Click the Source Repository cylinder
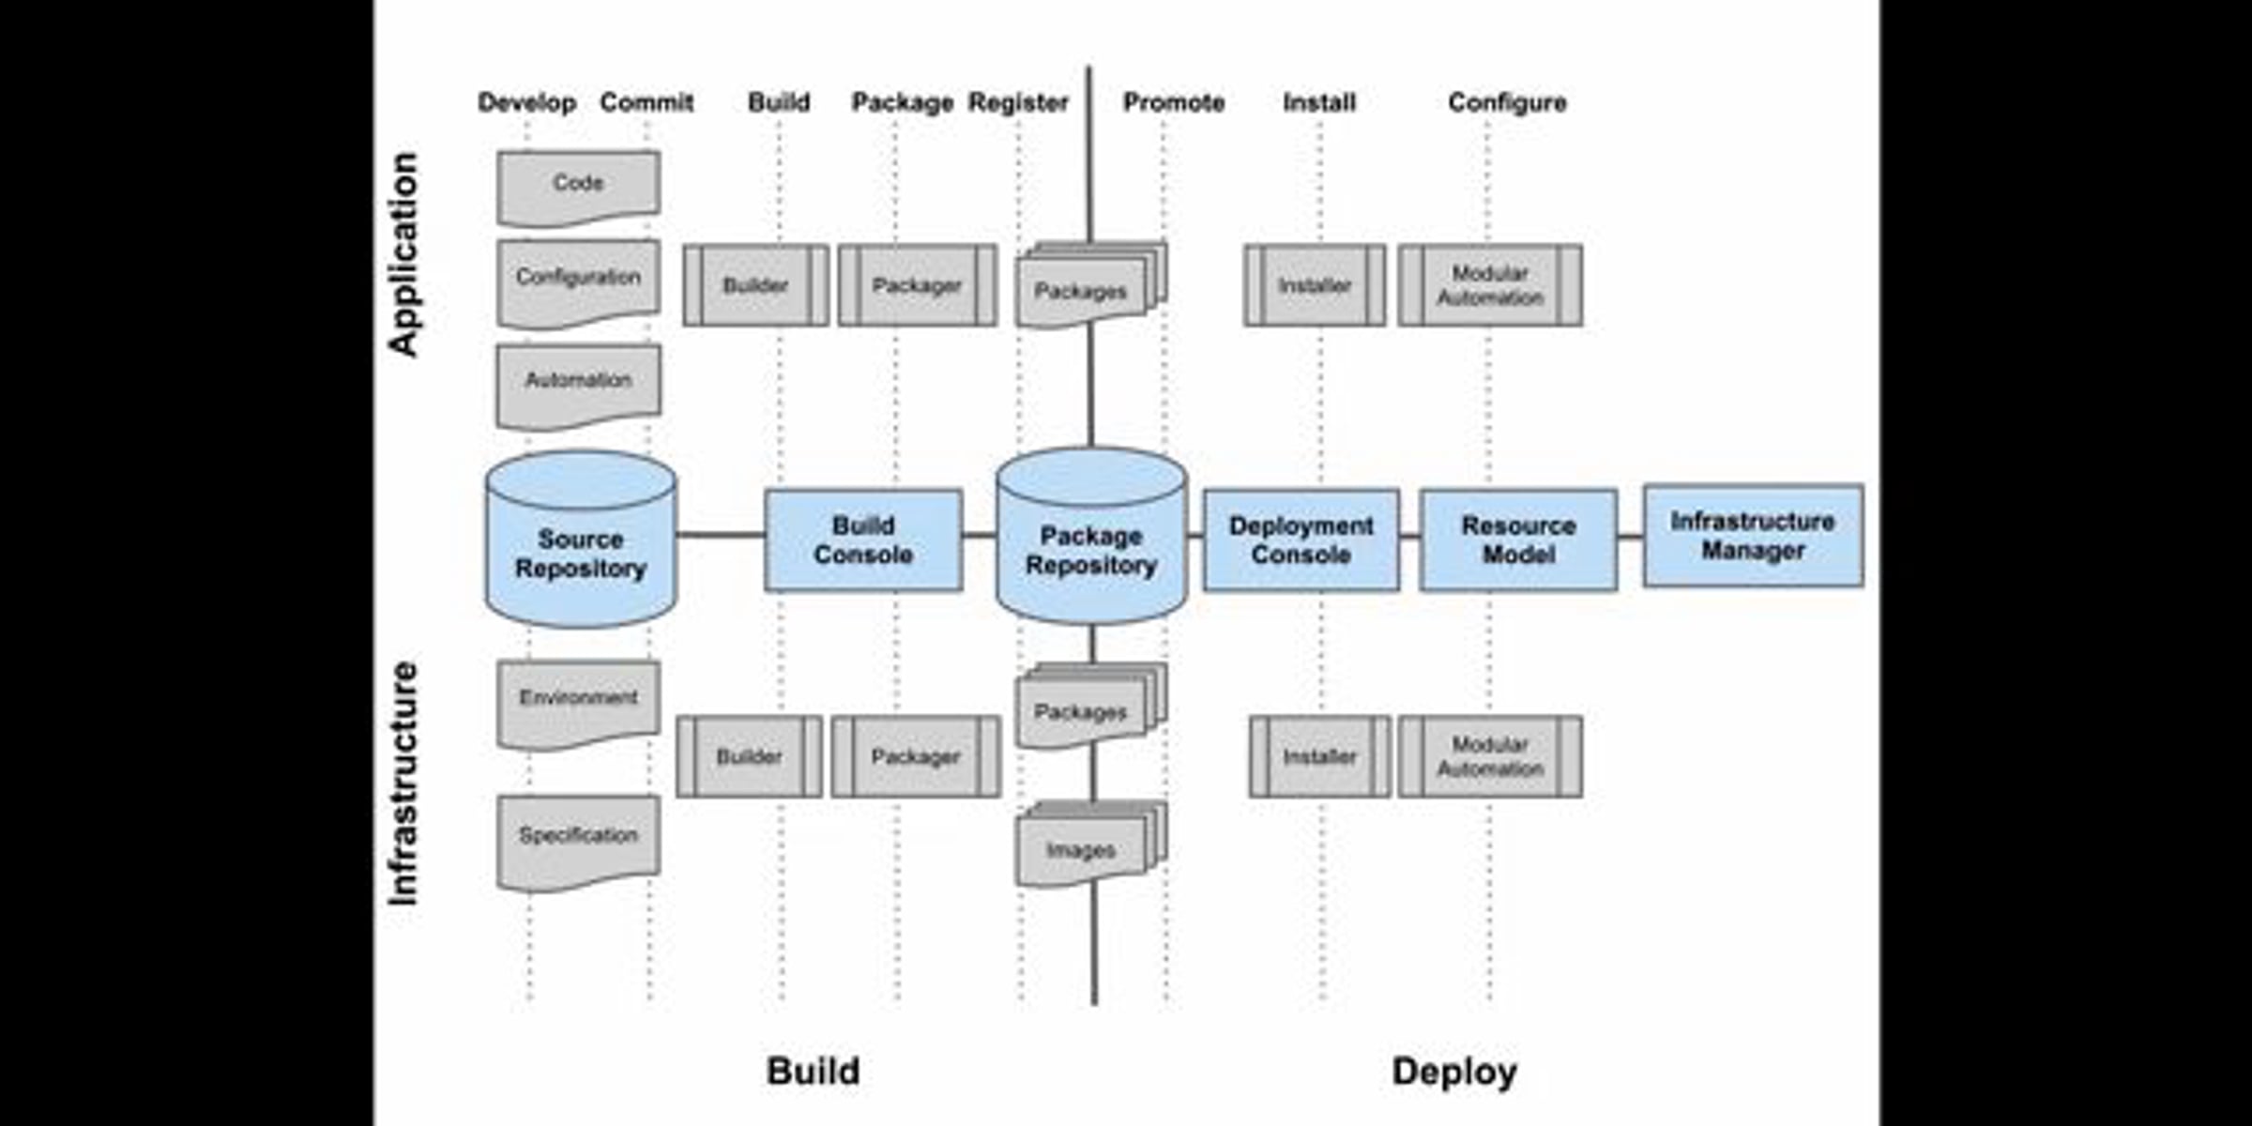(x=581, y=540)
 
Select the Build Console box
(x=863, y=540)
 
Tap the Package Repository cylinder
(x=1091, y=536)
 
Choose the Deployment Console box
(x=1301, y=540)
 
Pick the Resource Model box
(x=1518, y=540)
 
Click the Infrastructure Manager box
(x=1754, y=535)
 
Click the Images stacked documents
(x=1091, y=844)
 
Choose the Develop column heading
(x=527, y=102)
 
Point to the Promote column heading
(x=1174, y=102)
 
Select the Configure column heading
(x=1507, y=102)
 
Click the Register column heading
(x=1018, y=102)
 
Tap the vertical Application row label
(x=403, y=254)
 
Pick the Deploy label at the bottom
(x=1454, y=1072)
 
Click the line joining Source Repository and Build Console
(x=721, y=535)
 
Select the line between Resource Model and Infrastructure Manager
(x=1630, y=537)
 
